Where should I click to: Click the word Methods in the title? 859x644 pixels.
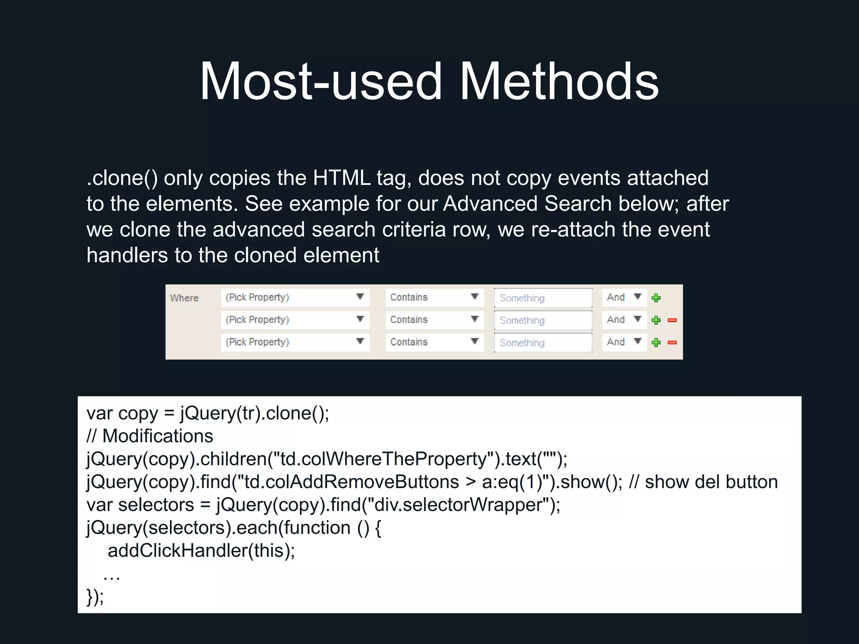pyautogui.click(x=559, y=82)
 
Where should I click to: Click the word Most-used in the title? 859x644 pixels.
pyautogui.click(x=321, y=82)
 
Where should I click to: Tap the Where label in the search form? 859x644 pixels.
pyautogui.click(x=184, y=298)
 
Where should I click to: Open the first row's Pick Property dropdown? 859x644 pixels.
pyautogui.click(x=295, y=297)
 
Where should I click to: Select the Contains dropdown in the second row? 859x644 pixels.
pyautogui.click(x=434, y=320)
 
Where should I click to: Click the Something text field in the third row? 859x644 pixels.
pyautogui.click(x=543, y=343)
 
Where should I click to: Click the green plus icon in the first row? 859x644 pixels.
pyautogui.click(x=656, y=298)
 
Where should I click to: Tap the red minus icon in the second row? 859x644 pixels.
pyautogui.click(x=672, y=320)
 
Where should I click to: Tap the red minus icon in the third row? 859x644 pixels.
pyautogui.click(x=672, y=343)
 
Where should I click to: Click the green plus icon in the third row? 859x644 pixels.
pyautogui.click(x=656, y=343)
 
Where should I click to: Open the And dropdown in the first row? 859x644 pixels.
pyautogui.click(x=624, y=297)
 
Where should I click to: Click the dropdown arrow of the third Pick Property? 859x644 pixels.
pyautogui.click(x=360, y=341)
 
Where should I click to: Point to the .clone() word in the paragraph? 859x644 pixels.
pyautogui.click(x=122, y=178)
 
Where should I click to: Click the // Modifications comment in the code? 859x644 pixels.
pyautogui.click(x=150, y=436)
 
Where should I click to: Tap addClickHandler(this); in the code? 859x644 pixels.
pyautogui.click(x=201, y=551)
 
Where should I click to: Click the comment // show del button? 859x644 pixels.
pyautogui.click(x=703, y=482)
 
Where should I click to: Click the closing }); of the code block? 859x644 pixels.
pyautogui.click(x=95, y=596)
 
